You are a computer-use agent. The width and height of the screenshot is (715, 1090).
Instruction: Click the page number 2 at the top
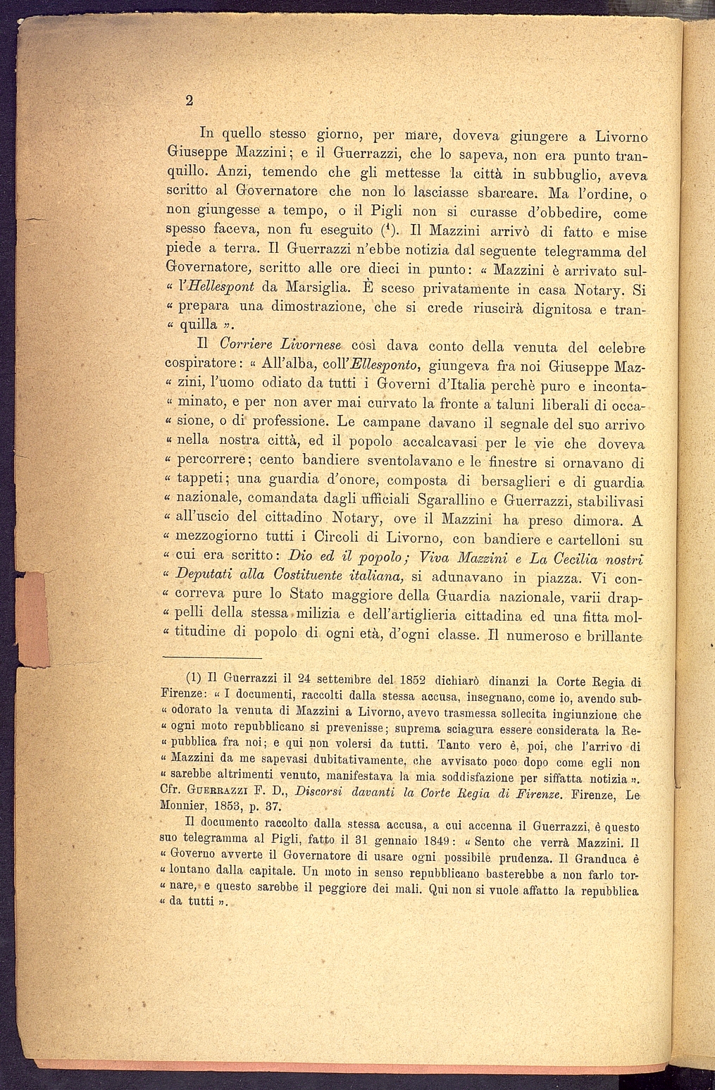click(x=188, y=100)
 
